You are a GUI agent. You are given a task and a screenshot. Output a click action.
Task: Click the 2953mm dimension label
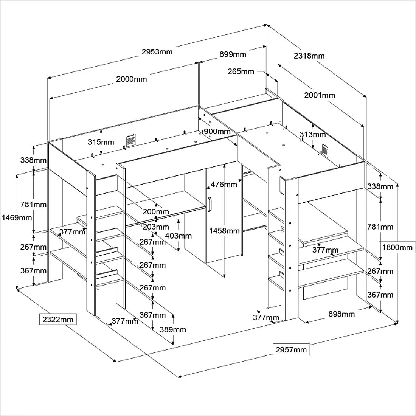click(x=157, y=52)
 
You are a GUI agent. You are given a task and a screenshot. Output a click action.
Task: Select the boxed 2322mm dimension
click(x=58, y=320)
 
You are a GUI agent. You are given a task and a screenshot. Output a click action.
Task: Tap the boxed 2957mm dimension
click(x=291, y=350)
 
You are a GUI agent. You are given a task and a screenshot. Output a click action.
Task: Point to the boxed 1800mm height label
click(x=397, y=248)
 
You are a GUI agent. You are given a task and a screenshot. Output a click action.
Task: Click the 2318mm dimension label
click(x=309, y=56)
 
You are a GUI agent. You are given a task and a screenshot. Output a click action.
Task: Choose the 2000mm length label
click(x=131, y=79)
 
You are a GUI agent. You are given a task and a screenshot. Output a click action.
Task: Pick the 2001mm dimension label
click(x=320, y=95)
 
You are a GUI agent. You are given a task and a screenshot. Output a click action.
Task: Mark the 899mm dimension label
click(x=233, y=54)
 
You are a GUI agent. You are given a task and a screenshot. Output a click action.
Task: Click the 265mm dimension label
click(x=241, y=71)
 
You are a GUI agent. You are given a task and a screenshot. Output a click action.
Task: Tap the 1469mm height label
click(x=17, y=218)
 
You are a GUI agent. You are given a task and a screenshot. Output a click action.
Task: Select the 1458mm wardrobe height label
click(x=224, y=231)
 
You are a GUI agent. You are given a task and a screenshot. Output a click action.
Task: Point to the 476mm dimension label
click(x=224, y=185)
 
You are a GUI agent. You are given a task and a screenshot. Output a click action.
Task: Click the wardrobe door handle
click(x=210, y=204)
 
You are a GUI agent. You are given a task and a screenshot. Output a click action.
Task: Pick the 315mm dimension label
click(x=101, y=142)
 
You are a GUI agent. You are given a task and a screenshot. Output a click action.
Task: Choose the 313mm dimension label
click(x=312, y=135)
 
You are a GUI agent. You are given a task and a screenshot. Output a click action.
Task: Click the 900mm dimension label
click(x=217, y=132)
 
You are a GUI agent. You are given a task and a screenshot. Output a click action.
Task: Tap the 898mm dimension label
click(x=341, y=314)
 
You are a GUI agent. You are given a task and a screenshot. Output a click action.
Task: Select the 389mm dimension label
click(x=172, y=330)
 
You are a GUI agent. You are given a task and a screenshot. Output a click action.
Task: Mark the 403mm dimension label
click(x=178, y=236)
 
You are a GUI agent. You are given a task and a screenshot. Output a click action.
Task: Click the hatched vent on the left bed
click(x=130, y=140)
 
